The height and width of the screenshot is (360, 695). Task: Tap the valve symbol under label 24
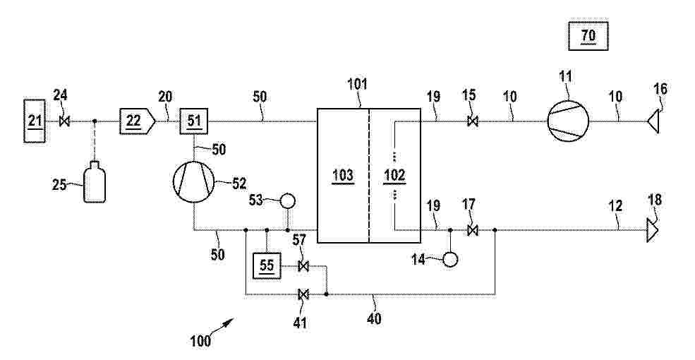pos(64,121)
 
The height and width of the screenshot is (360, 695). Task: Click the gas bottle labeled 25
pos(95,183)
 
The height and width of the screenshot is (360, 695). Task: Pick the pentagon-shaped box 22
pos(136,121)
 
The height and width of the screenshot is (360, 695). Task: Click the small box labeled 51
pos(195,121)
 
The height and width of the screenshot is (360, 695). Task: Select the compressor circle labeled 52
pos(194,182)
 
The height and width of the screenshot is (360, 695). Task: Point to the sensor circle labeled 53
pos(287,202)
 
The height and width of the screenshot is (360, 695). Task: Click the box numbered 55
pos(267,266)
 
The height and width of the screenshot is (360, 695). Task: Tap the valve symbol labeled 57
pos(303,266)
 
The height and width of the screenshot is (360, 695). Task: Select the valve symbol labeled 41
pos(303,294)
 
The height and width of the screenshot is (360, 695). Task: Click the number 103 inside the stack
pos(343,176)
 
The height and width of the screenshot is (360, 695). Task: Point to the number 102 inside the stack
pos(394,176)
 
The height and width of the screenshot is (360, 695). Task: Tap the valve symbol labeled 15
pos(473,121)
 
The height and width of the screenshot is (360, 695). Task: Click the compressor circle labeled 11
pos(568,120)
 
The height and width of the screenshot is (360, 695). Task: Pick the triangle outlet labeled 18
pos(651,230)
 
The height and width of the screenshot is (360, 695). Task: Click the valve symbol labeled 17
pos(473,230)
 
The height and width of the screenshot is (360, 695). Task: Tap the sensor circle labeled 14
pos(450,259)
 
